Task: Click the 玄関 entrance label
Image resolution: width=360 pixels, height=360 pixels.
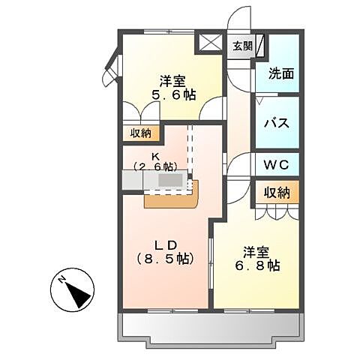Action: click(241, 46)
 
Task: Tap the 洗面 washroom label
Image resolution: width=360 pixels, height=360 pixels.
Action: click(278, 74)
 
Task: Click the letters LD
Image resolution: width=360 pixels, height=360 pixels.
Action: click(165, 243)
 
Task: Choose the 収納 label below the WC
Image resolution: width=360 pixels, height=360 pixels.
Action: click(277, 193)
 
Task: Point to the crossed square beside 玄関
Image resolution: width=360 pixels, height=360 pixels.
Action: click(209, 42)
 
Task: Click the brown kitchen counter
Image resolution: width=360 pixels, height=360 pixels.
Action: click(170, 198)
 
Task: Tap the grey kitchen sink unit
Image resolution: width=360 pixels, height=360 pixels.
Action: click(160, 181)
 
